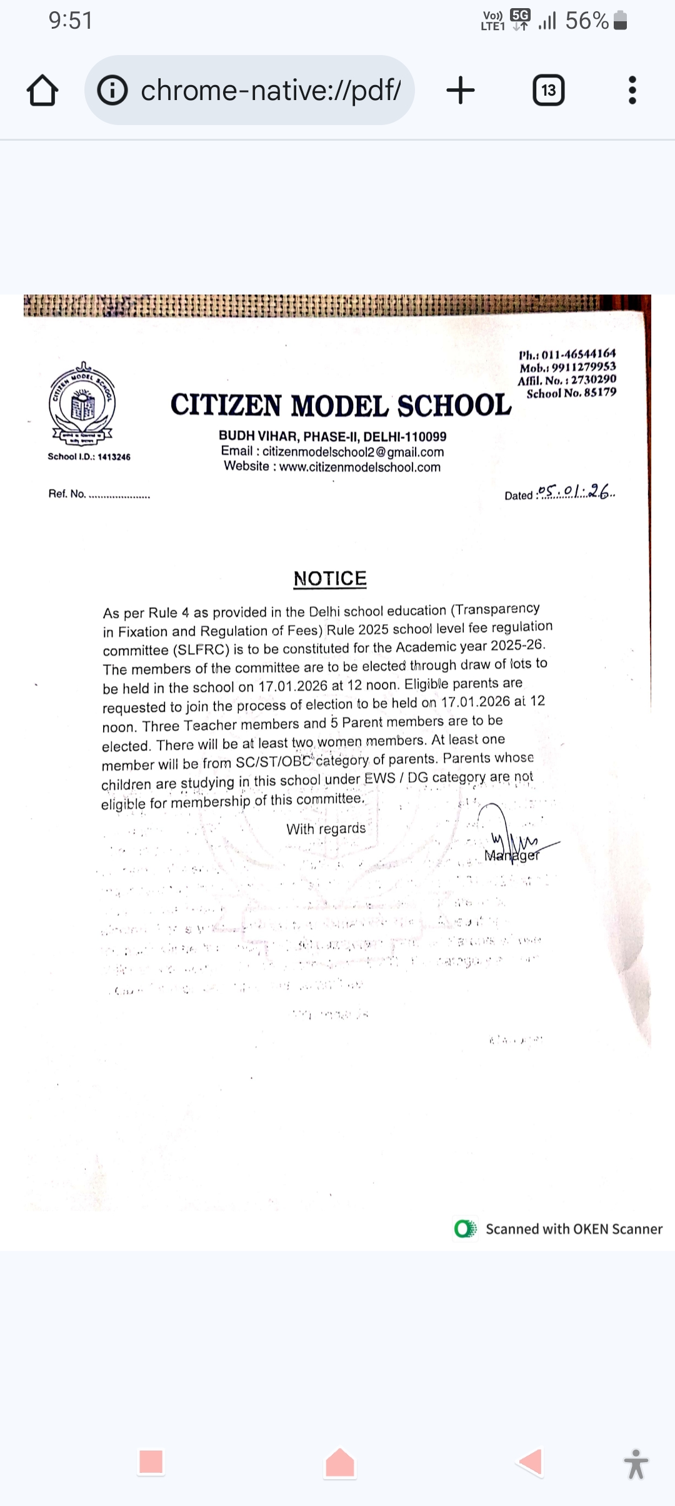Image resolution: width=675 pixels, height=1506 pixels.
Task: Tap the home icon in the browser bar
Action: (42, 91)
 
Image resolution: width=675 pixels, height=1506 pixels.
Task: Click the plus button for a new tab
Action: (461, 90)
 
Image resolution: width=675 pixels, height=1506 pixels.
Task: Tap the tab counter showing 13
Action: (548, 91)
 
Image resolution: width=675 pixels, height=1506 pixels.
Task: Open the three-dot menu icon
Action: (632, 91)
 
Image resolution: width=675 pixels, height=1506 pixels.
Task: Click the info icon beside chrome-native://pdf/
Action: (112, 91)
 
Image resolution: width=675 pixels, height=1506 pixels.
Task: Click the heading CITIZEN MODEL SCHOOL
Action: (341, 405)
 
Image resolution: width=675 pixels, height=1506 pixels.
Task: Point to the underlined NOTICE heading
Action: (330, 579)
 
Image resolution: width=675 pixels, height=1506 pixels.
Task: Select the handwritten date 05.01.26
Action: (576, 492)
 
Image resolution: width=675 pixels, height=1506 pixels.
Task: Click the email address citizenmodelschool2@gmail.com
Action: (353, 452)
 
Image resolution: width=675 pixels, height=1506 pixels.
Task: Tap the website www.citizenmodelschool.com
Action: (360, 467)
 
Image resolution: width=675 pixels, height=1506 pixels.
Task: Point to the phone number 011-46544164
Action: (578, 354)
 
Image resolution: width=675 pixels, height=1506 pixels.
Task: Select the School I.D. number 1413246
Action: (114, 457)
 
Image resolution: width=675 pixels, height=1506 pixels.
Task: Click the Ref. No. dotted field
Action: (119, 495)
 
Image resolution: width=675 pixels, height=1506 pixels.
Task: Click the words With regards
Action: (326, 829)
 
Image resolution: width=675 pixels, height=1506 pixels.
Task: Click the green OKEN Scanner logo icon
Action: (465, 1229)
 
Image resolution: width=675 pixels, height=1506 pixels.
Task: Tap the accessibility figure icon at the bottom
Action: (636, 1463)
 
